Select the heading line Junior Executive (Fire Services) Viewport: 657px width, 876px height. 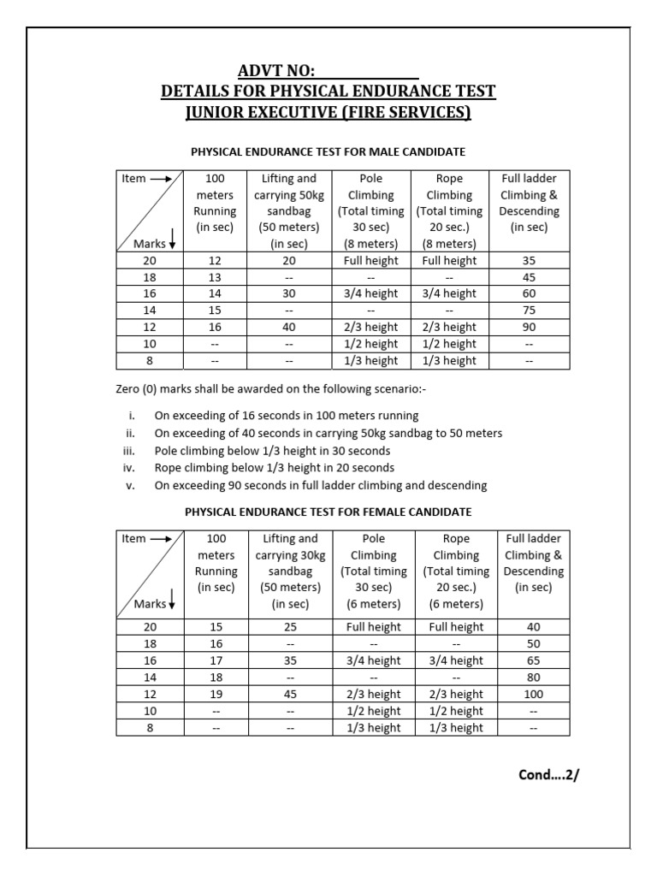click(328, 113)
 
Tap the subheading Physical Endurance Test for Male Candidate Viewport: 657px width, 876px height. click(328, 152)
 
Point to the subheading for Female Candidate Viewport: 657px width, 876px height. click(328, 512)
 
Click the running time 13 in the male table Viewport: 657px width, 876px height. click(216, 277)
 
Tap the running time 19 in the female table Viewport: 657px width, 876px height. click(216, 694)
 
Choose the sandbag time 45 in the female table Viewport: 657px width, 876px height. click(290, 694)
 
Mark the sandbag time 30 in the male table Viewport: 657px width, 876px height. click(290, 293)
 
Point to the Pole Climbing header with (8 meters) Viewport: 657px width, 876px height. click(370, 210)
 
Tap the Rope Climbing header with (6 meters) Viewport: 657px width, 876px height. click(456, 571)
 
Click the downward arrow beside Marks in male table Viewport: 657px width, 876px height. click(172, 244)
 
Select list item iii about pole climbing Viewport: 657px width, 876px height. click(271, 450)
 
